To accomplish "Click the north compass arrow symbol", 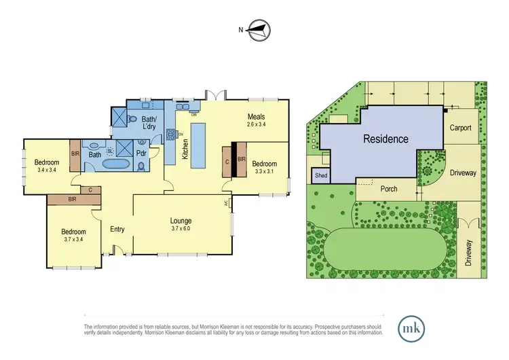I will (x=259, y=29).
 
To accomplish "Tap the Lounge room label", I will (x=181, y=221).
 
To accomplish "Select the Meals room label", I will (x=254, y=116).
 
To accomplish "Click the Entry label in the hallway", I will (x=117, y=229).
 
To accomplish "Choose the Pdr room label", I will (x=141, y=153).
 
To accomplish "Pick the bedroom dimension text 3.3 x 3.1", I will (x=264, y=172).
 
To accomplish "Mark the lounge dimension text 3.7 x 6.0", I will (x=181, y=229).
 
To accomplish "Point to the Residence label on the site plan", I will (x=385, y=139).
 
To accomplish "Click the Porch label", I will (x=389, y=189).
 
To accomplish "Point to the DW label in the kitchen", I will (x=194, y=114).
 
